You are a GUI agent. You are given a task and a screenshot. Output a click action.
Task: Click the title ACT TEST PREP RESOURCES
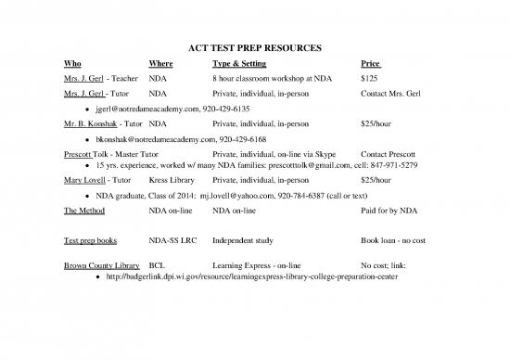254,46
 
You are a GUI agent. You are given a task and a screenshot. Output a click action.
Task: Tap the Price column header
370,64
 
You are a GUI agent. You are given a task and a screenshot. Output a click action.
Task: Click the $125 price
369,79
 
